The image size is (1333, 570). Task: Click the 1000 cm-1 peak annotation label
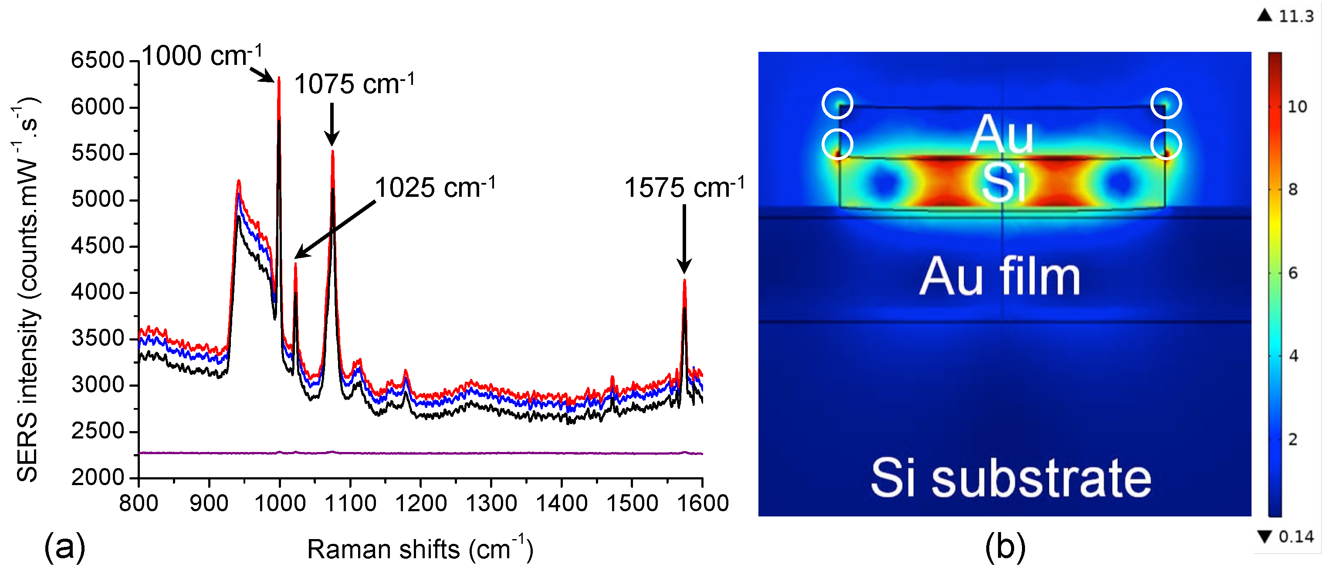click(202, 55)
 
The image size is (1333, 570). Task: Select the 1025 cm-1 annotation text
click(435, 187)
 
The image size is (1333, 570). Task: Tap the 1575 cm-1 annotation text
click(684, 187)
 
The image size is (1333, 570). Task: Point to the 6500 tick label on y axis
click(97, 60)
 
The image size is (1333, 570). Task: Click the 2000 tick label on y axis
click(97, 477)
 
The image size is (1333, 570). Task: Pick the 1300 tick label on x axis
click(491, 503)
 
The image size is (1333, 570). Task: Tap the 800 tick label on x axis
click(139, 503)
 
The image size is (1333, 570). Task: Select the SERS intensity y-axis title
click(27, 290)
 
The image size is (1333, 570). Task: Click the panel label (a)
click(64, 547)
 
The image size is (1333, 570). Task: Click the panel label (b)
click(1005, 547)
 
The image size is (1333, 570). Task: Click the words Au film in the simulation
click(1000, 278)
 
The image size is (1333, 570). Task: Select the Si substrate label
click(1011, 479)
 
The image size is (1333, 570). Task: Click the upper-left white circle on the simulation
click(837, 104)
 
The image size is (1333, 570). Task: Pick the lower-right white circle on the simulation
click(1166, 144)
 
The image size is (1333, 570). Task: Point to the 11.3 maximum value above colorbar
click(1295, 17)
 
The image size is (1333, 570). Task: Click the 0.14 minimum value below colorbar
click(1295, 537)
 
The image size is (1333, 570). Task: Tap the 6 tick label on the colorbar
click(1292, 273)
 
